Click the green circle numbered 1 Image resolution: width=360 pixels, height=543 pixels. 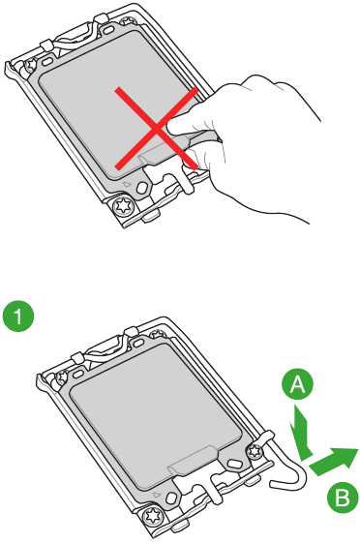(19, 316)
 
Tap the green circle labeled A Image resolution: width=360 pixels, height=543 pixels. (301, 385)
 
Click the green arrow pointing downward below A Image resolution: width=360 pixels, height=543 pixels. (302, 434)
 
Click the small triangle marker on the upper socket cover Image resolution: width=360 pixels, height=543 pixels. (127, 180)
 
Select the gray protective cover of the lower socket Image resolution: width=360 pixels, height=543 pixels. (145, 416)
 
